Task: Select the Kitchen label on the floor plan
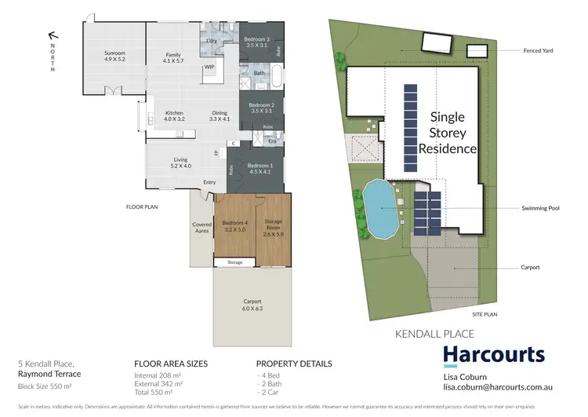pos(175,115)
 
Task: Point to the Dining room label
pos(220,115)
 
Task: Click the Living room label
pos(181,163)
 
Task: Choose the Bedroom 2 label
pos(262,108)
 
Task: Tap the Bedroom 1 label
pos(260,168)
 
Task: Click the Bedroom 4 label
pos(235,226)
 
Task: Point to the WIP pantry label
pos(209,68)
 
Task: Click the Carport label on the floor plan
pos(252,305)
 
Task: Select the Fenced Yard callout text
pos(539,51)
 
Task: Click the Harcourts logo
pos(494,355)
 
